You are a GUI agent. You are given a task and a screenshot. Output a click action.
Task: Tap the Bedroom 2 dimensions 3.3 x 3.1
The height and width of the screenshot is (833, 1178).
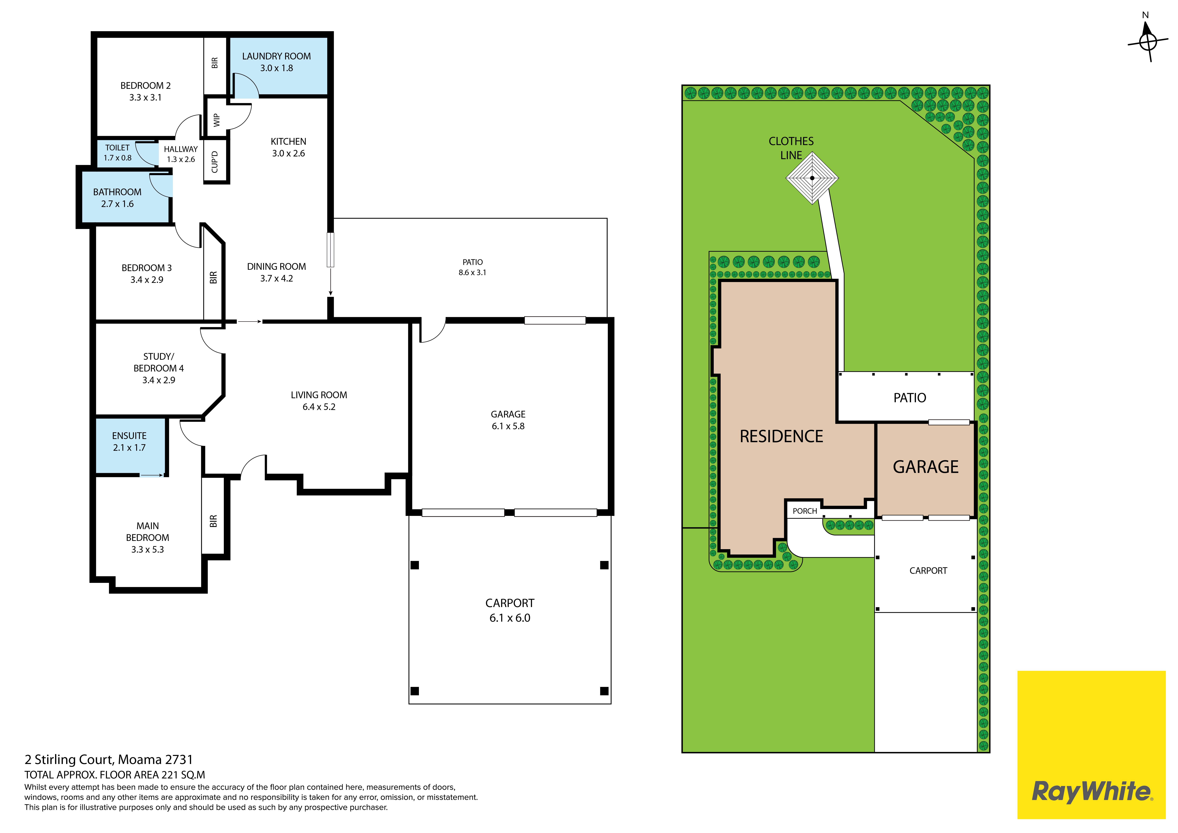pyautogui.click(x=145, y=98)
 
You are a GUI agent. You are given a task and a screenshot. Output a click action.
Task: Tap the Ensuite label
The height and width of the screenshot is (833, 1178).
pyautogui.click(x=129, y=435)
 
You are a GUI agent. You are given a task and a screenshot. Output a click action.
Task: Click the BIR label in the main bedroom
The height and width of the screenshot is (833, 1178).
pyautogui.click(x=213, y=521)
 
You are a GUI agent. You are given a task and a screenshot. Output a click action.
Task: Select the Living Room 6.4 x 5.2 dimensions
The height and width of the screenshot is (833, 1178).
pyautogui.click(x=319, y=407)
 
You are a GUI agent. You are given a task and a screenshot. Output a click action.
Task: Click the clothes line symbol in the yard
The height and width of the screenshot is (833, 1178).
pyautogui.click(x=812, y=178)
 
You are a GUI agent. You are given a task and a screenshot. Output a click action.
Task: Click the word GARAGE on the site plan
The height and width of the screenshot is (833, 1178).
pyautogui.click(x=926, y=467)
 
